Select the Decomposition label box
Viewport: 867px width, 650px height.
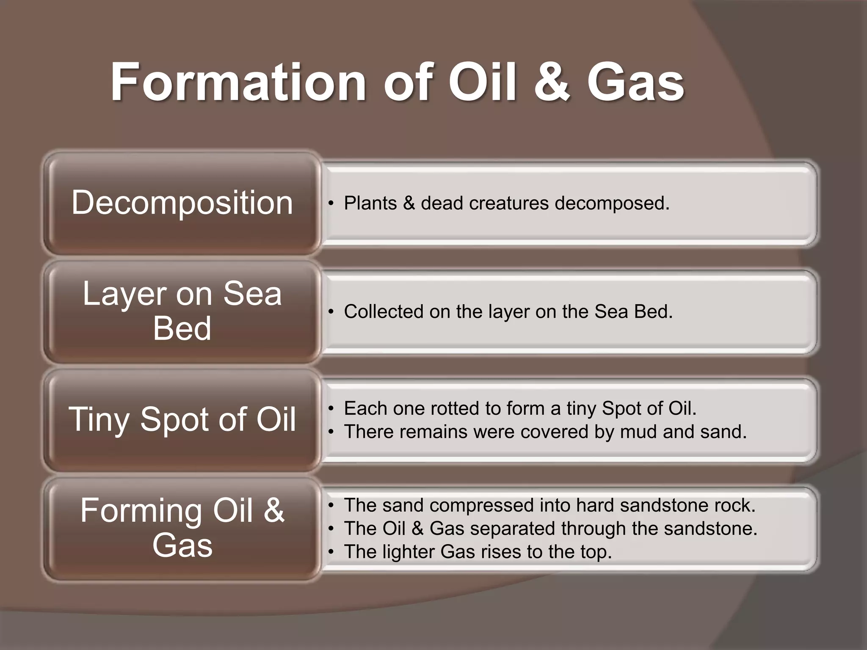coord(182,203)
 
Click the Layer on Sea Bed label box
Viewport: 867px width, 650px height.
coord(182,311)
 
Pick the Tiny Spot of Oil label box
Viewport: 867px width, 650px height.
coord(182,419)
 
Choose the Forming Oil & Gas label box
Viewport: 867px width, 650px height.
coord(182,528)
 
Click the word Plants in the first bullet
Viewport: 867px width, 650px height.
coord(370,204)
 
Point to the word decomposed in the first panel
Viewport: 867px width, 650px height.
coord(611,204)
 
